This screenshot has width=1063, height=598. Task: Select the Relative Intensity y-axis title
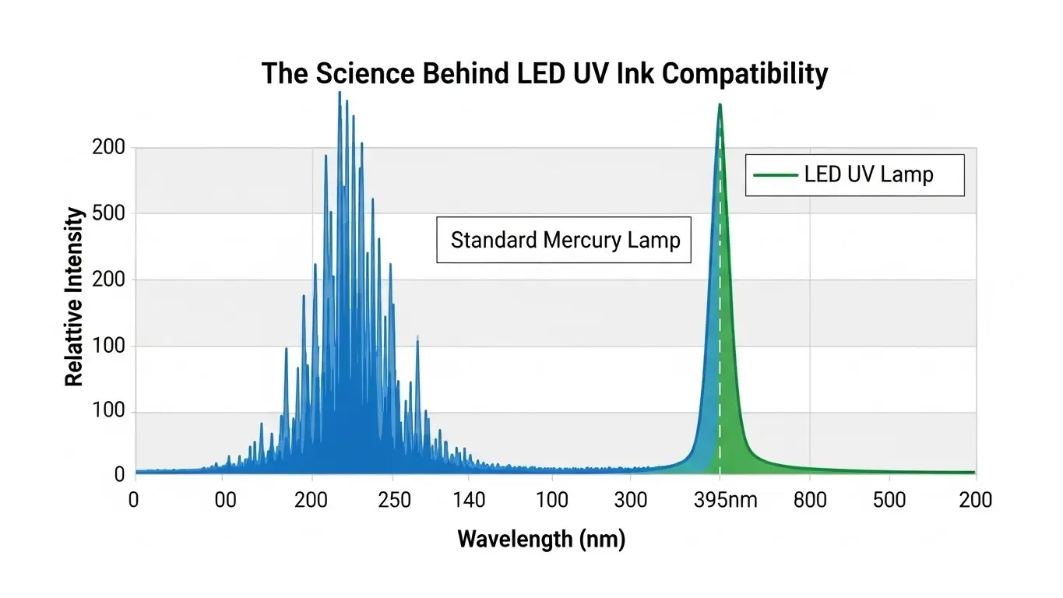[74, 297]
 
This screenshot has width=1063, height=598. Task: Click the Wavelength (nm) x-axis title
[541, 538]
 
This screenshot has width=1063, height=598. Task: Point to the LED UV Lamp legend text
[868, 174]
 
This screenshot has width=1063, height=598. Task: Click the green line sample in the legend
[775, 174]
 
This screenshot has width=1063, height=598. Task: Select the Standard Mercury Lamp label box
[564, 240]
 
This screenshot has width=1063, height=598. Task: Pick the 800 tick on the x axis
[811, 499]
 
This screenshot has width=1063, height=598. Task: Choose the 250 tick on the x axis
[394, 499]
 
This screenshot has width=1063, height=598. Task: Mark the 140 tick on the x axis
[469, 499]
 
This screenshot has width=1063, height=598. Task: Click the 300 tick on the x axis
[630, 499]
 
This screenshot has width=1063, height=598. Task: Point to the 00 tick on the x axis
[225, 499]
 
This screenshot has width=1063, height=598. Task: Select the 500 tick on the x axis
[889, 499]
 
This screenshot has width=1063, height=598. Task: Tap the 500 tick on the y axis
[109, 213]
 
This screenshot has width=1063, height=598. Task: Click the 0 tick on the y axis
[119, 473]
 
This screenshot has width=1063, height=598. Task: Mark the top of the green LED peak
[720, 104]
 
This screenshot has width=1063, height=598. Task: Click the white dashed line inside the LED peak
[720, 311]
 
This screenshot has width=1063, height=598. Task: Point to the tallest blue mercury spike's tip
[340, 93]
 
